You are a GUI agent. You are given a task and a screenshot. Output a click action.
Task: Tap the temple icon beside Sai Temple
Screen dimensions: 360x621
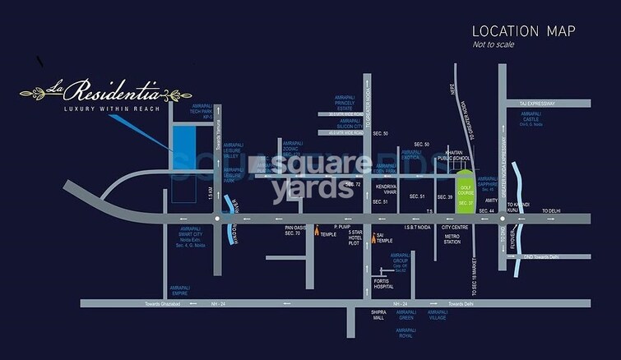(371, 238)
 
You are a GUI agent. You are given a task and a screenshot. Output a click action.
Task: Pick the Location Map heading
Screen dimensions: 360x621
(523, 31)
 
